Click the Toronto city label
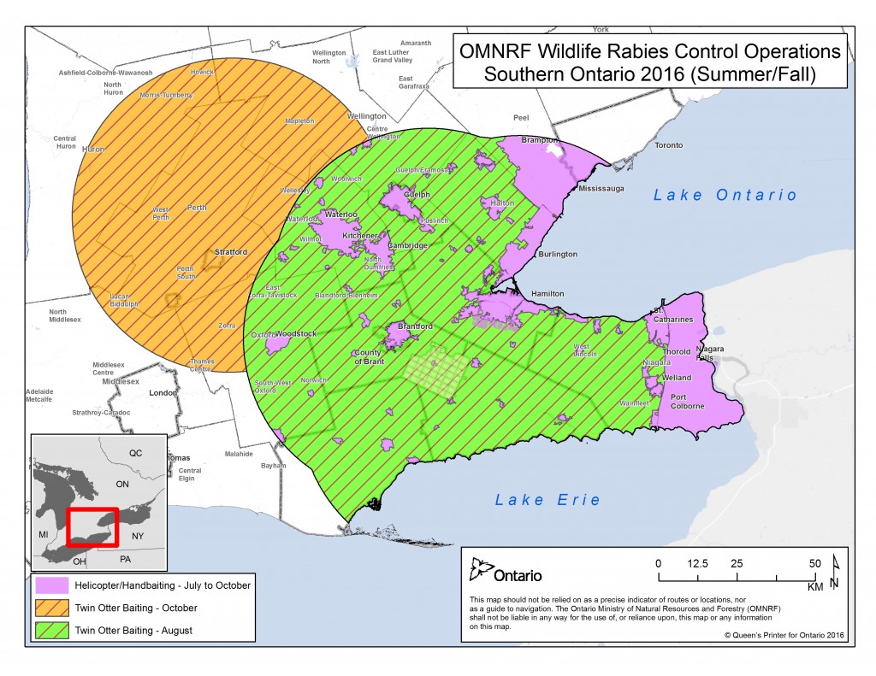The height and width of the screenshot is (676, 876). (x=668, y=145)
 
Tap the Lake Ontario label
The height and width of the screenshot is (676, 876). (x=725, y=195)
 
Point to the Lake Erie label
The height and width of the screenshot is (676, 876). (x=539, y=500)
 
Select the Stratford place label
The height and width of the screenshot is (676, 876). (x=231, y=252)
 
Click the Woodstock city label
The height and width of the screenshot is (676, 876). (x=296, y=332)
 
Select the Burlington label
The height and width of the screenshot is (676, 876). (x=557, y=254)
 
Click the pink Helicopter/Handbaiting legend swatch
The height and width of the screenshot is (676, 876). (x=52, y=585)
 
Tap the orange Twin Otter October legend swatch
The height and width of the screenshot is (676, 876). (x=52, y=608)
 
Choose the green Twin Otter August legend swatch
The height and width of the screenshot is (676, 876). (x=52, y=631)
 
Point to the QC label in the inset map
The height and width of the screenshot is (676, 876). (x=135, y=452)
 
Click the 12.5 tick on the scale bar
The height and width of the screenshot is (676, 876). (x=695, y=564)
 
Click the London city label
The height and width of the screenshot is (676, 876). (x=162, y=394)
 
